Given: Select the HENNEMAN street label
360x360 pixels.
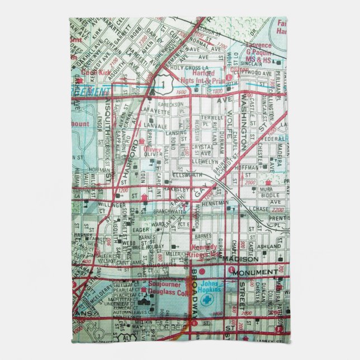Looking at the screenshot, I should [x=217, y=202].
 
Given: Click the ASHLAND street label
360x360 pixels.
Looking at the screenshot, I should [x=268, y=246].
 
